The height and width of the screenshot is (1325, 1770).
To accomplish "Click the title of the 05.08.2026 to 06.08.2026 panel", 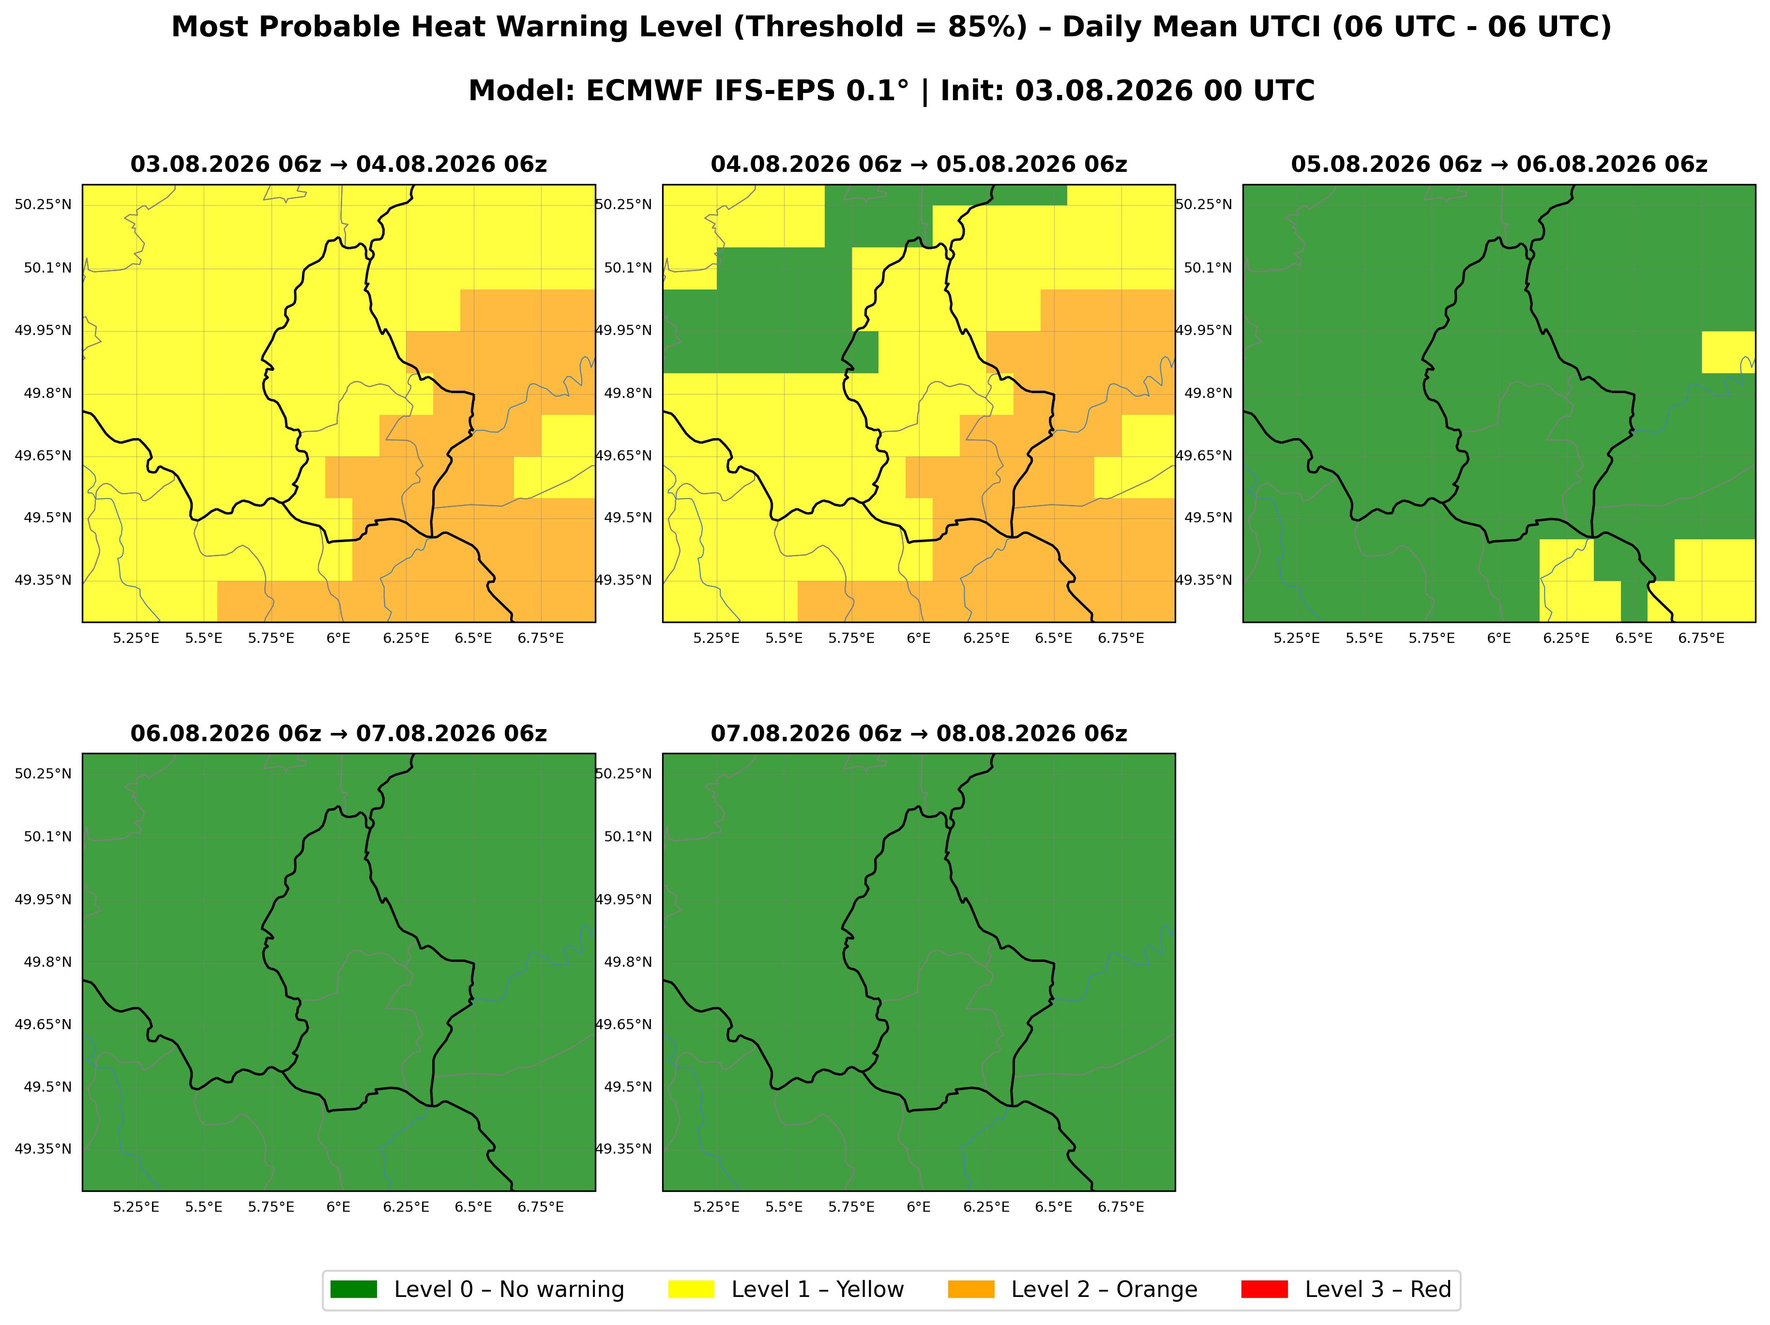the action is point(1499,165).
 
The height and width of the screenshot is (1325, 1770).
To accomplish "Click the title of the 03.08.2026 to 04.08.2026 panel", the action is point(338,165).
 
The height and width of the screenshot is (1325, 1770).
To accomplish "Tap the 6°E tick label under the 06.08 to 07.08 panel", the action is point(338,1206).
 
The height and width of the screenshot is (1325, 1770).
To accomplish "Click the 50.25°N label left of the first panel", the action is point(43,204).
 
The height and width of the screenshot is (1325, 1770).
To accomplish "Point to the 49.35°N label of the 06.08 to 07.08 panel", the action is point(43,1149).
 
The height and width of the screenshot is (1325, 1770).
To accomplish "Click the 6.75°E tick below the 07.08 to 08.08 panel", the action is point(1121,1206).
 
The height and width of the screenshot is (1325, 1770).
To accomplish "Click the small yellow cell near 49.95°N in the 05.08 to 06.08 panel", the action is point(1728,352).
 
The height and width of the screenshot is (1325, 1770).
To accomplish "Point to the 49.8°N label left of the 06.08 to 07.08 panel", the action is point(47,962).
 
